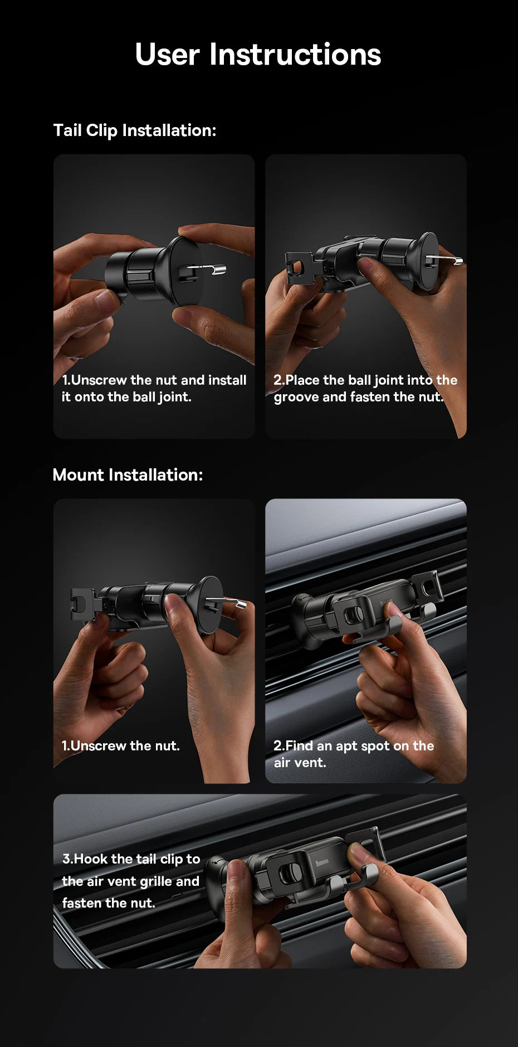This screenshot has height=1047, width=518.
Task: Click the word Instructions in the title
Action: click(295, 55)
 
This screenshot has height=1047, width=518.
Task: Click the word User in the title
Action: click(167, 55)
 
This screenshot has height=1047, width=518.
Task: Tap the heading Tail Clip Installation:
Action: click(134, 130)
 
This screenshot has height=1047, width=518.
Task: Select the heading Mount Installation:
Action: click(128, 475)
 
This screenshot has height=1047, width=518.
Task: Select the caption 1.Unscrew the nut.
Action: click(120, 746)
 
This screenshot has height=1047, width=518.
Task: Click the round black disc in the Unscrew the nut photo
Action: click(210, 605)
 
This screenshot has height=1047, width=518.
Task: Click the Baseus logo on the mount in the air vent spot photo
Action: click(386, 603)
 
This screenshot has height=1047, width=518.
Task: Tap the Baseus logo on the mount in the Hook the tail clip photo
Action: click(322, 864)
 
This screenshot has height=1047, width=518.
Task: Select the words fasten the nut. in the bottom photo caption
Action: click(109, 903)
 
